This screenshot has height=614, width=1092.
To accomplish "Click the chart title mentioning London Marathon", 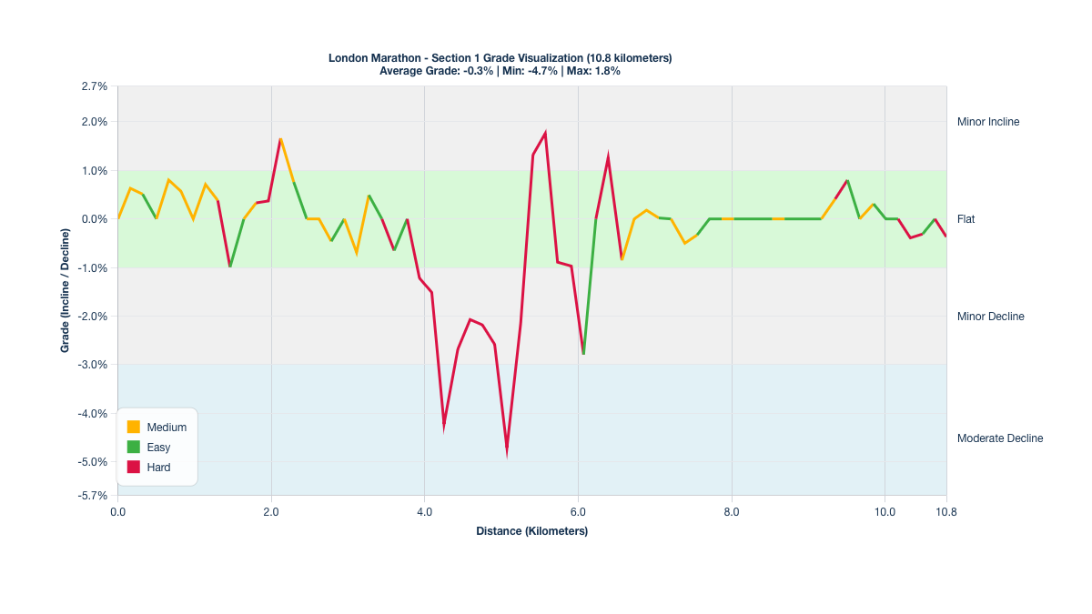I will click(500, 58).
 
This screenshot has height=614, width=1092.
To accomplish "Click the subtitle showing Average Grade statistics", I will click(500, 71).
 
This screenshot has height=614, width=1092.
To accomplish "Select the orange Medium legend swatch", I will click(134, 427).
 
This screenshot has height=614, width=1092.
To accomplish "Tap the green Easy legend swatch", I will click(134, 447).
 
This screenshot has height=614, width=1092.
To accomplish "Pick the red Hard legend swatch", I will click(134, 467).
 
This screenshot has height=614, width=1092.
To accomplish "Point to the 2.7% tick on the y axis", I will click(95, 86).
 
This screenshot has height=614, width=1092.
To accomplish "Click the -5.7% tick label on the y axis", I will click(94, 496).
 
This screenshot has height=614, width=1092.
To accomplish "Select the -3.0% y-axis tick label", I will click(94, 365).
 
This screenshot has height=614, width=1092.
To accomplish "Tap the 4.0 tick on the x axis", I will click(425, 512).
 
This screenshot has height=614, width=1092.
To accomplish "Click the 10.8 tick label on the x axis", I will click(946, 512).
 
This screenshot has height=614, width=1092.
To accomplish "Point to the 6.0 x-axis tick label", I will click(578, 512).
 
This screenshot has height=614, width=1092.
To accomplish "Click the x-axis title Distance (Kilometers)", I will click(531, 531).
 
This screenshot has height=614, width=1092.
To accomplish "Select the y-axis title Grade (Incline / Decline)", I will click(66, 291).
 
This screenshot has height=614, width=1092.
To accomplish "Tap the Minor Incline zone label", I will click(988, 122).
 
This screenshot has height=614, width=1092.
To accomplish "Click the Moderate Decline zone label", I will click(1000, 438).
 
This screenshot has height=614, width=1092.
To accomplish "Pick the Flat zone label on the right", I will click(966, 219).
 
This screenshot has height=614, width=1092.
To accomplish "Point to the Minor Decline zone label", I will click(990, 317).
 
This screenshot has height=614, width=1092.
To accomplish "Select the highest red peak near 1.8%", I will click(545, 134).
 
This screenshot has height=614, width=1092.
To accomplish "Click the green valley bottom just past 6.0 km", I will click(583, 353).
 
